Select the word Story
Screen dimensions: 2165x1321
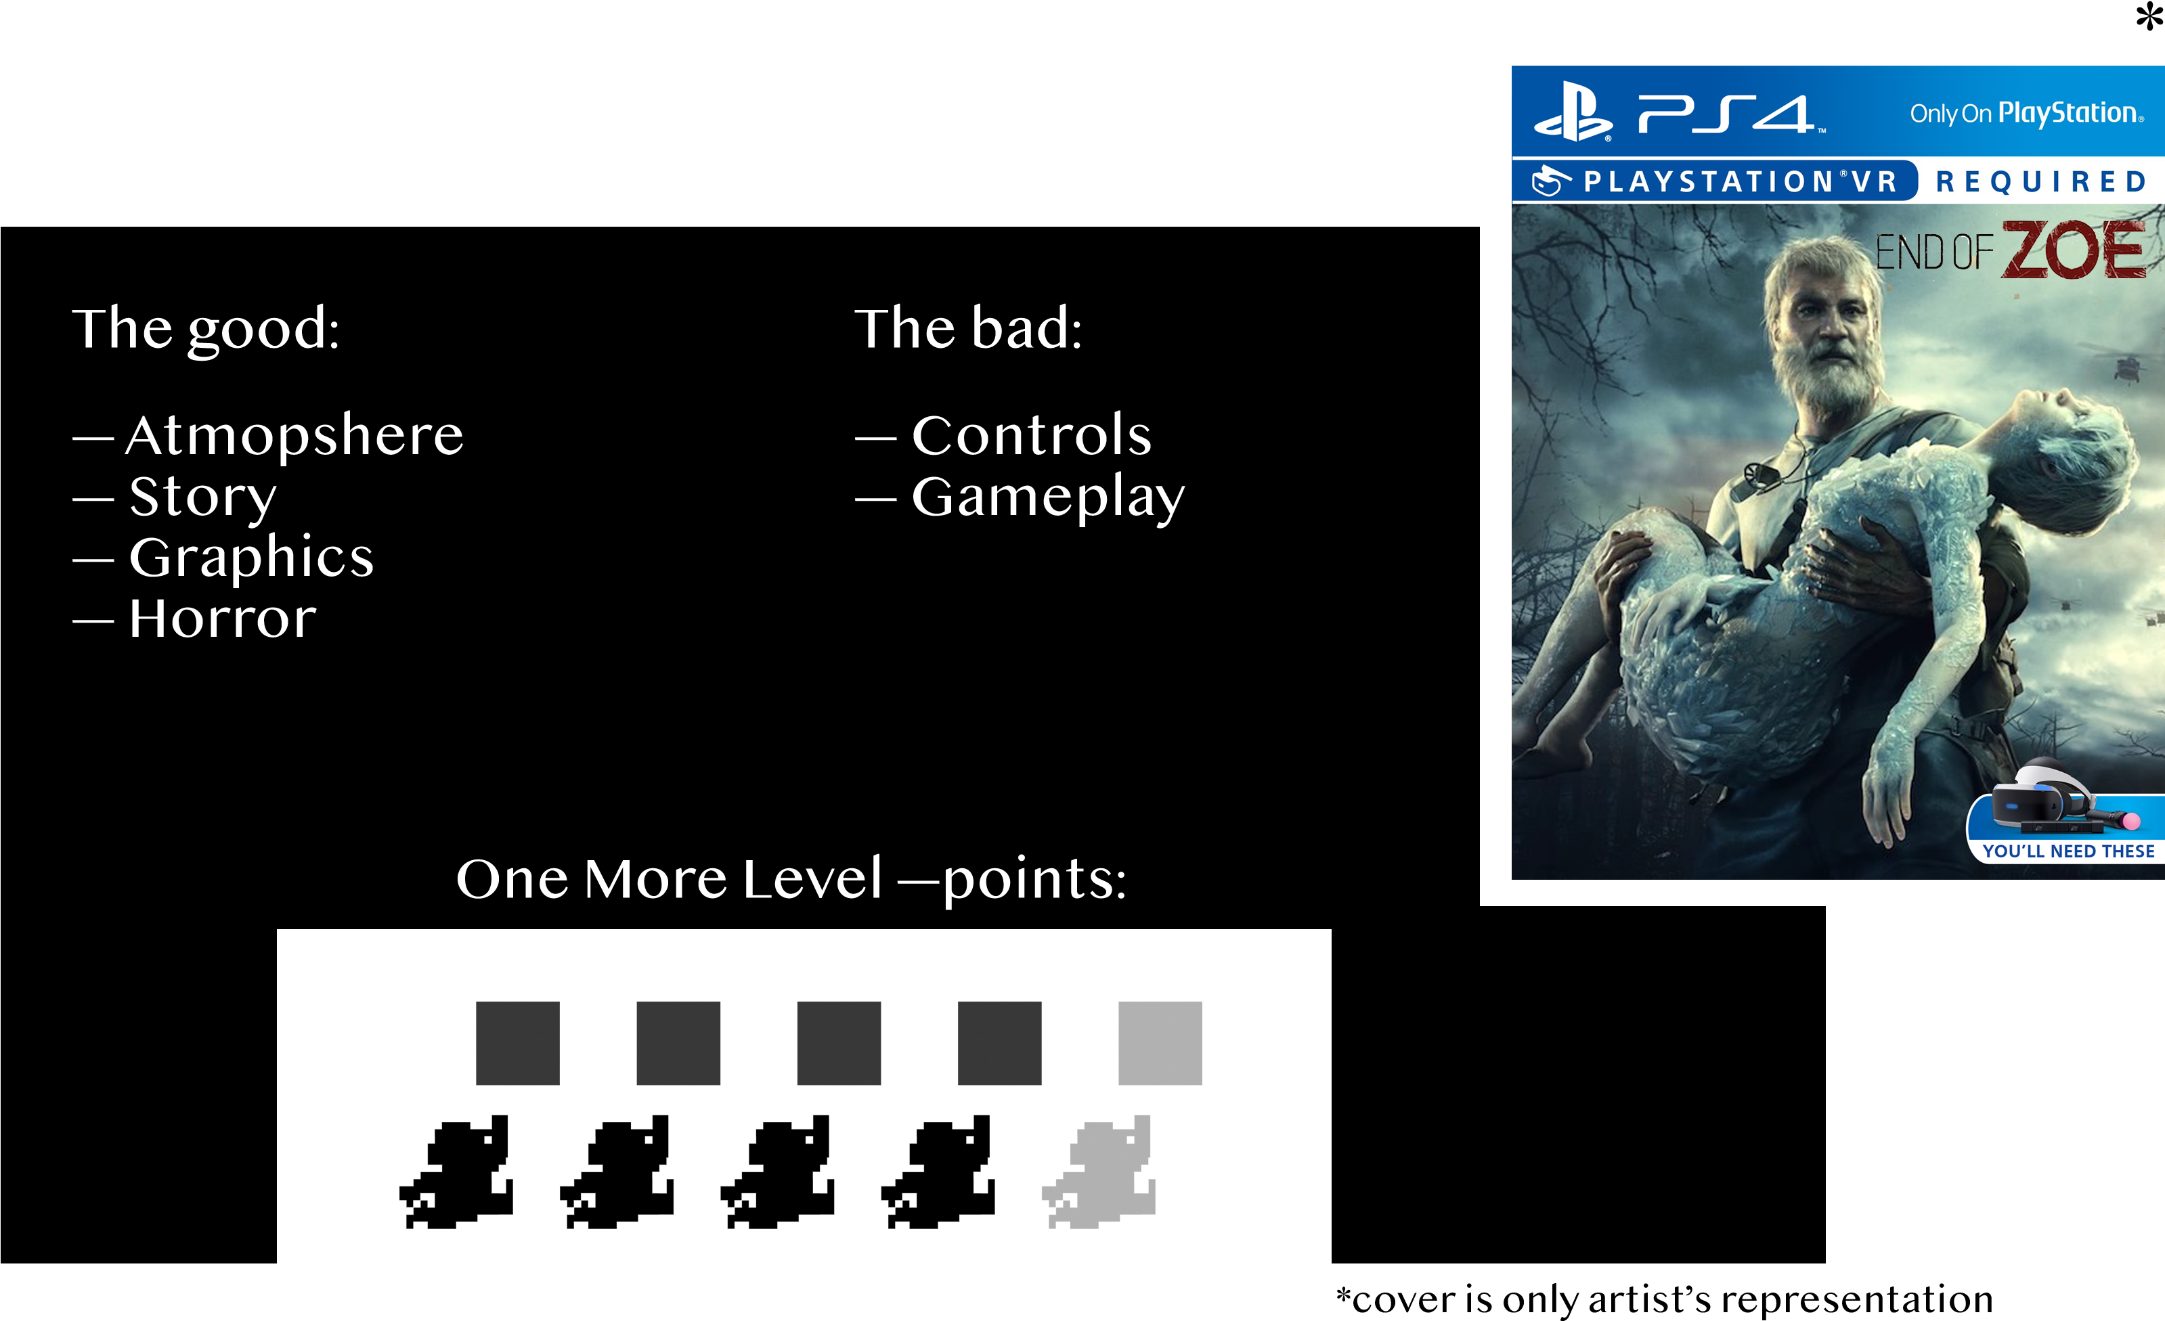[x=203, y=497]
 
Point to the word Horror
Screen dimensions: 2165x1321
[x=222, y=619]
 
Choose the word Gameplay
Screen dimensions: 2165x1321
[x=1048, y=498]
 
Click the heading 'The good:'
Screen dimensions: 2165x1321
[x=206, y=330]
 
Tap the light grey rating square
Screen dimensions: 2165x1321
[x=1160, y=1043]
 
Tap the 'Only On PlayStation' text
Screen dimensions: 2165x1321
[x=2026, y=113]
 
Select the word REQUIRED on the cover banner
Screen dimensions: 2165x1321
[x=2041, y=182]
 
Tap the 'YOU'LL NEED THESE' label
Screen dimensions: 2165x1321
[x=2068, y=851]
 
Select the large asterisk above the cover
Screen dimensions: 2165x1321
[x=2149, y=17]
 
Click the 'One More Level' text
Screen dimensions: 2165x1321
[x=669, y=879]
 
